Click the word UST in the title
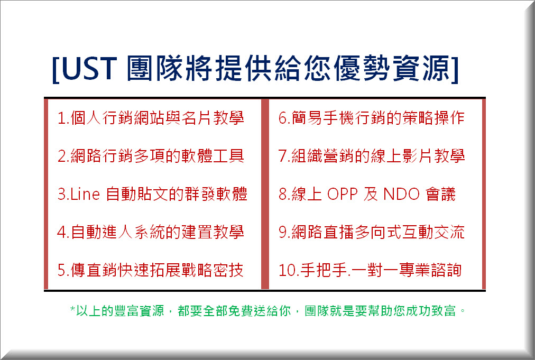[89, 69]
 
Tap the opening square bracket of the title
[56, 69]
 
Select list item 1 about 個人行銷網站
[151, 118]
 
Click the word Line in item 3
[85, 194]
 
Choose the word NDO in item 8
[401, 194]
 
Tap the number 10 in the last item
[287, 270]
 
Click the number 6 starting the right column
[283, 118]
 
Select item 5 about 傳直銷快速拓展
[150, 270]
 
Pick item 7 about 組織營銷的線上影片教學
[372, 156]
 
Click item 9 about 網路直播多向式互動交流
[372, 232]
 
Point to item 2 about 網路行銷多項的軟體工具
[151, 156]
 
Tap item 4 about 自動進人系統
[151, 232]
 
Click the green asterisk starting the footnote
[72, 309]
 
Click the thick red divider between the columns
[265, 194]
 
